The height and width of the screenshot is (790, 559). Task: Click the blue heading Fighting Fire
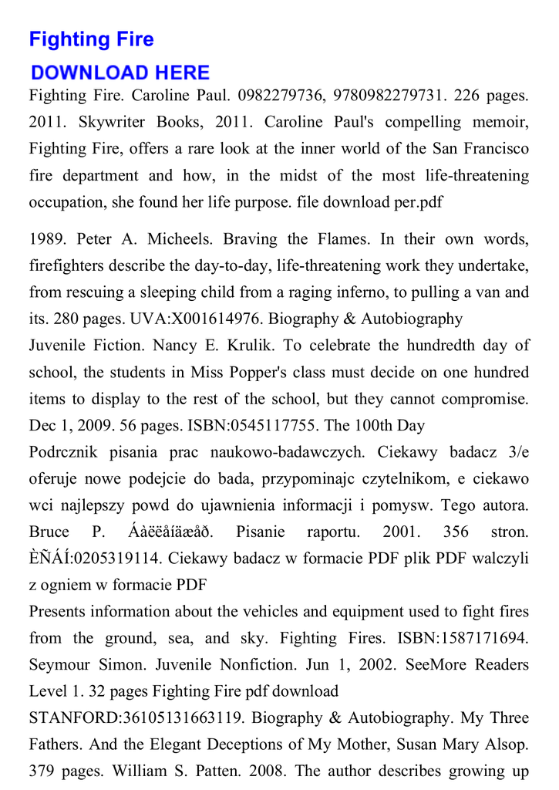point(91,39)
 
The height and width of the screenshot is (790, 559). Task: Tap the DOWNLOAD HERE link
point(120,73)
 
